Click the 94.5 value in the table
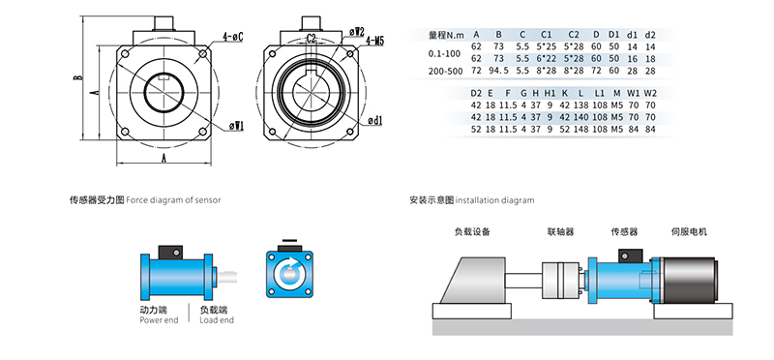point(498,71)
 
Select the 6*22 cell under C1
point(546,59)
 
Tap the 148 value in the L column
point(581,130)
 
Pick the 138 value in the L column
point(581,105)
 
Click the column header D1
point(613,35)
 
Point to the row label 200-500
point(446,71)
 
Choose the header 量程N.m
point(446,35)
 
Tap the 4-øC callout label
point(233,37)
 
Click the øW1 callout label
point(237,127)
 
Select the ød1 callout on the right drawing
point(375,120)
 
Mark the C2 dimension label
point(312,38)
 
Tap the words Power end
point(159,320)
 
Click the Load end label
point(217,320)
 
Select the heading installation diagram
point(494,200)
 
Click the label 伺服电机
point(690,231)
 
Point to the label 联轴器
point(561,231)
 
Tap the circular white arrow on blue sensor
point(289,274)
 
